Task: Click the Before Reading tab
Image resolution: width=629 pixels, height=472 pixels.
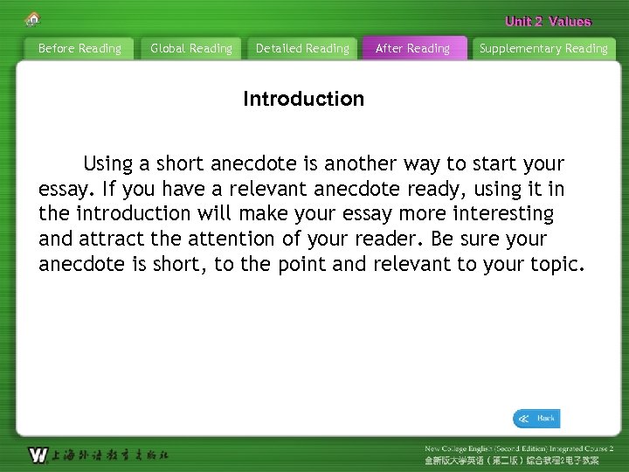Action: coord(79,49)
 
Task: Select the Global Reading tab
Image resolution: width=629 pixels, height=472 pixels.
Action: coord(191,49)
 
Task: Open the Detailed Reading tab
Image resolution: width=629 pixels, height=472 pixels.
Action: coord(302,49)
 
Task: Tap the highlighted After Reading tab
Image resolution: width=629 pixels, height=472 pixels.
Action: coord(412,49)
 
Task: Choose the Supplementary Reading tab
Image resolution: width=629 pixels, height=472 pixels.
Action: coord(543,49)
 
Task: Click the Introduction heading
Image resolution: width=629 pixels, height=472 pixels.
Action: coord(303,99)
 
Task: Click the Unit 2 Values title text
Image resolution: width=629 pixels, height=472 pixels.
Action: coord(548,22)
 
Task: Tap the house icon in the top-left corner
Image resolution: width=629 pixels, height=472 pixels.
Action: coord(33,18)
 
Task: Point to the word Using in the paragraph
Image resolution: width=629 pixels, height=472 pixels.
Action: coord(108,163)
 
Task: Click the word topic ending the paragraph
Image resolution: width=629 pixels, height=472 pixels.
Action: coord(554,264)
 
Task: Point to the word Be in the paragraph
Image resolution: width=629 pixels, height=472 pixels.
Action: coord(441,239)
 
